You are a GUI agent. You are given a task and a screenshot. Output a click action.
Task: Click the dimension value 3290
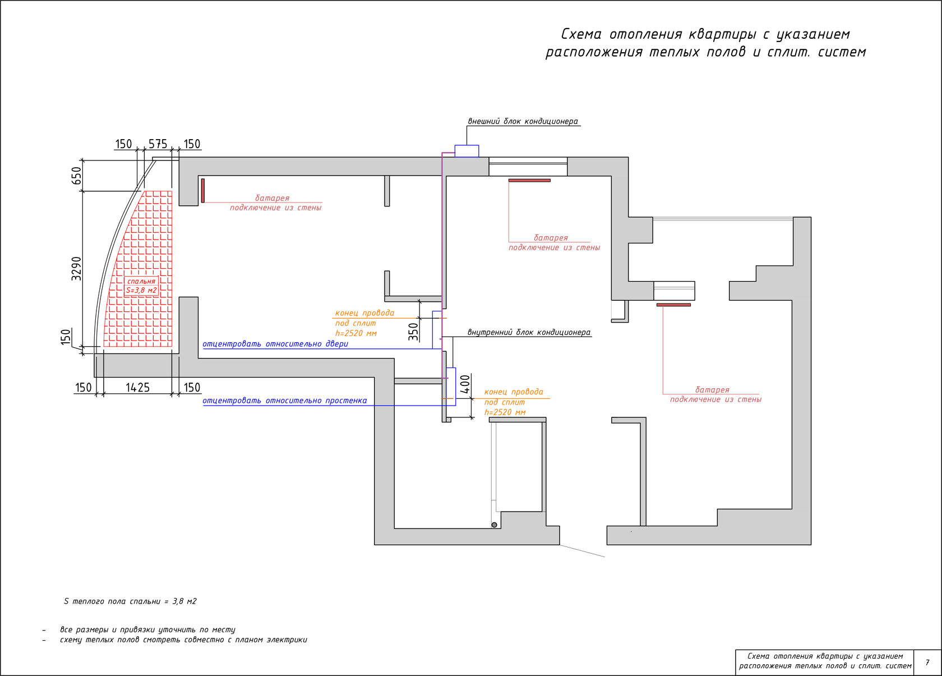click(x=76, y=269)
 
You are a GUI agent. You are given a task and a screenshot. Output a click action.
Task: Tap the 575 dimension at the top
click(x=158, y=144)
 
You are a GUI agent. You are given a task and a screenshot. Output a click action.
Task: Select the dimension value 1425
click(x=137, y=388)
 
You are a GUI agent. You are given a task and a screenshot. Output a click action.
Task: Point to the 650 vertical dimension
click(x=76, y=176)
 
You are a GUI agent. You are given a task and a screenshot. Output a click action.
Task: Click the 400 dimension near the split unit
click(x=465, y=384)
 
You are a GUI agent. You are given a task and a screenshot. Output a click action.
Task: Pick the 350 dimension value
click(x=413, y=332)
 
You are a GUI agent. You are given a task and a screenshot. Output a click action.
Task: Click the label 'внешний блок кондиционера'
click(x=523, y=121)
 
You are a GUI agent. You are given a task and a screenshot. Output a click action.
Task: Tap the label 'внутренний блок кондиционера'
click(x=529, y=333)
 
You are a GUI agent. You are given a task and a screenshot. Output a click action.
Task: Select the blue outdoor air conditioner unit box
click(x=467, y=151)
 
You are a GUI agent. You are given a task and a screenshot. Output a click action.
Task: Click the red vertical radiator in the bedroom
click(x=203, y=190)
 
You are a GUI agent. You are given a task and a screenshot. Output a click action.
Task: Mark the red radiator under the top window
click(x=529, y=180)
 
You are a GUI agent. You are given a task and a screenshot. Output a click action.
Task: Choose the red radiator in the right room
click(x=673, y=305)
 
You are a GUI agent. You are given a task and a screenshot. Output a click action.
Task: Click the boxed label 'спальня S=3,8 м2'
click(x=141, y=286)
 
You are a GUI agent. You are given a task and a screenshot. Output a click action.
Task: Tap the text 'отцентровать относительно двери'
click(x=275, y=344)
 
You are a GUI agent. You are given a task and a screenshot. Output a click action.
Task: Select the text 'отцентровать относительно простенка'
click(x=285, y=401)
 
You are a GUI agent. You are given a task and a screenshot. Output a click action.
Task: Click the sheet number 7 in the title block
click(x=927, y=663)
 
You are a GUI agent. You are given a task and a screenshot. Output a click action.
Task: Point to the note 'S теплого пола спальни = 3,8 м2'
click(x=130, y=601)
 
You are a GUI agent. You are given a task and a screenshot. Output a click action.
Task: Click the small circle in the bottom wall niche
click(x=494, y=525)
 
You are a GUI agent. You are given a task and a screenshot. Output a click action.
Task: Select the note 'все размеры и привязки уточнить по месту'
click(x=147, y=630)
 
